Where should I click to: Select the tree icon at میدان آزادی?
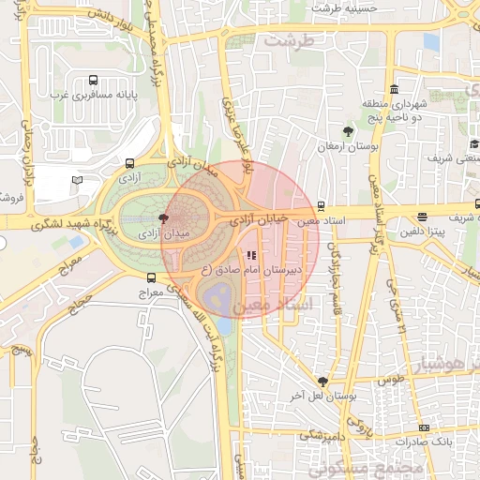point(165,218)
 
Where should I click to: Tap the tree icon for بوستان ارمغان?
point(349,132)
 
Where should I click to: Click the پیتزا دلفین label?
point(425,232)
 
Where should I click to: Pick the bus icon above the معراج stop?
point(150,278)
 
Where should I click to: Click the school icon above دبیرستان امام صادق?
point(250,254)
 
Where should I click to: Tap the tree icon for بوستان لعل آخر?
point(323,382)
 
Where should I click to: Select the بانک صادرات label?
point(424,441)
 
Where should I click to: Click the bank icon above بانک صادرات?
point(423,427)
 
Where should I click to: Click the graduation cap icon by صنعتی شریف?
point(474,144)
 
